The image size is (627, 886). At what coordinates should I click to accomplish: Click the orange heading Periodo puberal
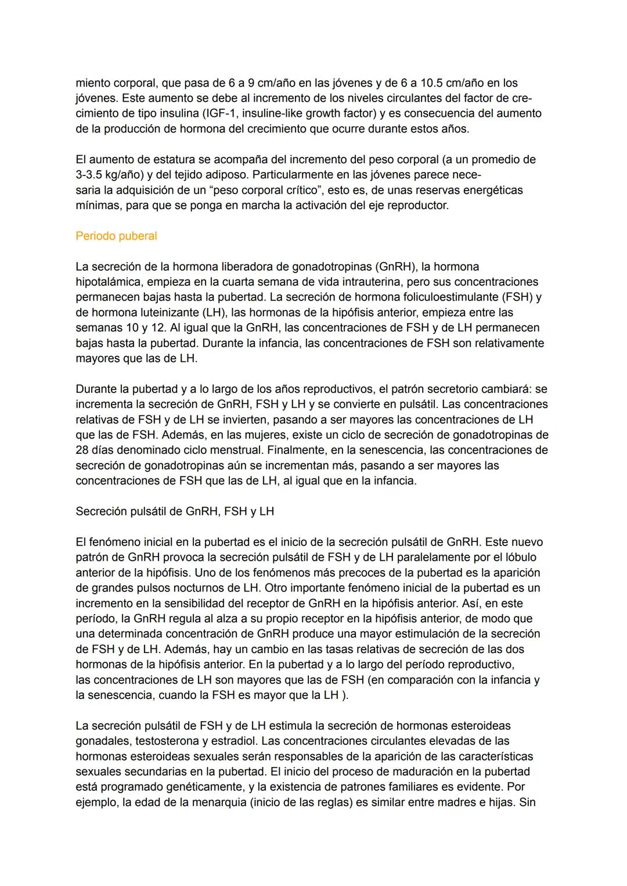(116, 236)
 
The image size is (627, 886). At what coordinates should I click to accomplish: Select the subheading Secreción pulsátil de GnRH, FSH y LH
(175, 511)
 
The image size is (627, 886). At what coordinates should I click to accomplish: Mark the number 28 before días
(82, 450)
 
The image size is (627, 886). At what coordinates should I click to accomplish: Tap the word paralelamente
(431, 557)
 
